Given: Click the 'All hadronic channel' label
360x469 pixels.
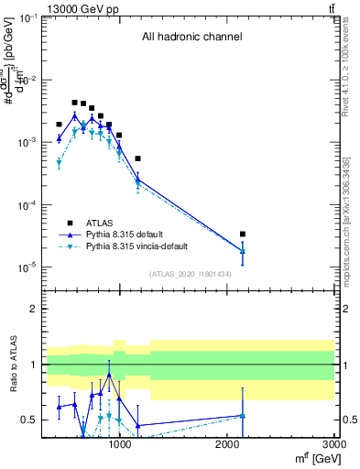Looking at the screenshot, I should tap(191, 38).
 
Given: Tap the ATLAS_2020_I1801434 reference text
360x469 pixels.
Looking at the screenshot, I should tap(191, 274).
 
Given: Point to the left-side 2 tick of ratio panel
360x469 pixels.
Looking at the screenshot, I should tap(35, 309).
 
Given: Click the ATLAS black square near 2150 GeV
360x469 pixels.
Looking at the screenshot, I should tap(243, 234).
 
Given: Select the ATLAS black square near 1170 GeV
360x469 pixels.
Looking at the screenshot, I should tap(137, 158).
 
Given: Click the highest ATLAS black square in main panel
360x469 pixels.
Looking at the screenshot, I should tap(74, 103).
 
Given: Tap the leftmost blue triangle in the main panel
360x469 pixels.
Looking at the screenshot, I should tap(59, 138).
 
